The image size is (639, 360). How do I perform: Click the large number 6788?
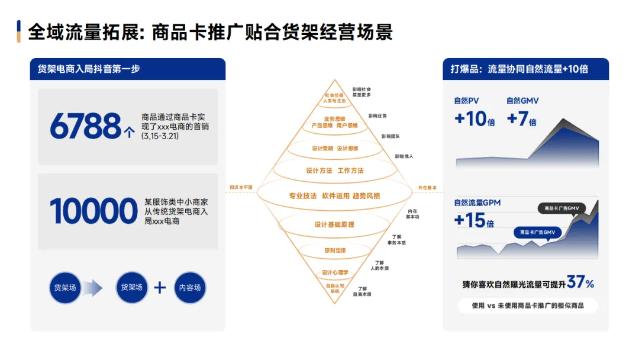coord(85,126)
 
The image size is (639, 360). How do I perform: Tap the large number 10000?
coord(93,211)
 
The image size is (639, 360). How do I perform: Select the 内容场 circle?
coord(190,288)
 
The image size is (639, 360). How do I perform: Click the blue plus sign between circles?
coord(160,288)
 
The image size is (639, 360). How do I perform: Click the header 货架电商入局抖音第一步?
coord(89,69)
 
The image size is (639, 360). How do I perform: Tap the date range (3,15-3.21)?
coord(160,136)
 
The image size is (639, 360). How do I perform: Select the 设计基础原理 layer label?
coord(334,225)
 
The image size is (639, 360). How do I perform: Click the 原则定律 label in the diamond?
coord(334,251)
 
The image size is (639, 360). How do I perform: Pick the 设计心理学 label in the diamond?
coord(335,272)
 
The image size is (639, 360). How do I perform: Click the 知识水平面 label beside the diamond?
coord(241,188)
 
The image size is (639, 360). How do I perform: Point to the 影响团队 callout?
coord(390,136)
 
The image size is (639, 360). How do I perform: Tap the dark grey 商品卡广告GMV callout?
coord(561,208)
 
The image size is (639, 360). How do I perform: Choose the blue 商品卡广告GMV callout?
coord(537,233)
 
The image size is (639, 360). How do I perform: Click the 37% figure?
coord(580,282)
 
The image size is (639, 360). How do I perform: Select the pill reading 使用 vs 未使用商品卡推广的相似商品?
coord(528,306)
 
